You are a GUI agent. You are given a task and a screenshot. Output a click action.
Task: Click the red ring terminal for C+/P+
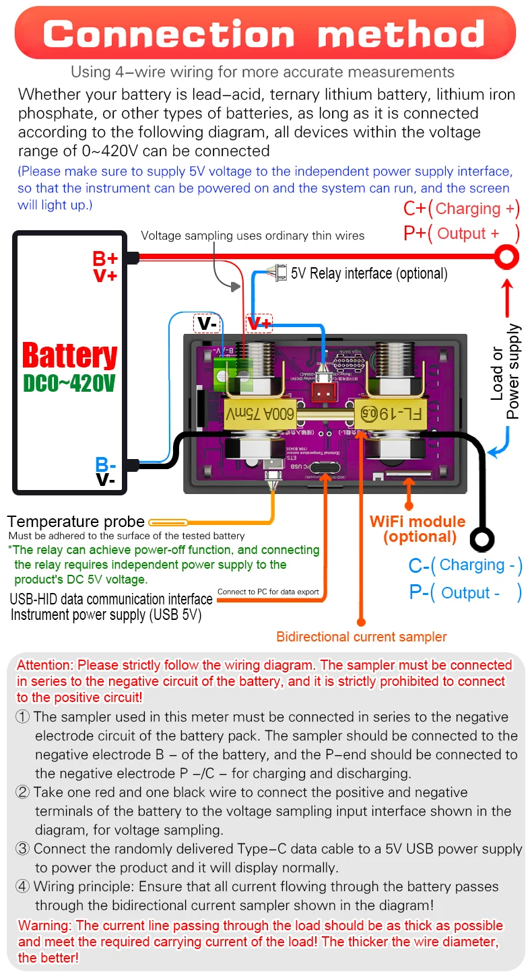pos(506,256)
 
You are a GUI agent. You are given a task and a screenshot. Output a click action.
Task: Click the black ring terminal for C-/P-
pos(482,538)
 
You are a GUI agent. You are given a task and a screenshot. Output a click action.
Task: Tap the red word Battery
pos(69,356)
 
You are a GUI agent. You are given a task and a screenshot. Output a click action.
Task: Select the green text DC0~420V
pos(69,384)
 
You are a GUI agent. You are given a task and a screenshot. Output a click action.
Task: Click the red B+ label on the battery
pos(105,258)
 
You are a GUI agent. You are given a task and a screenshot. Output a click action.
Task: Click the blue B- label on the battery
pos(106,464)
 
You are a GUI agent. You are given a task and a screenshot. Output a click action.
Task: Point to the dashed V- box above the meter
pos(207,324)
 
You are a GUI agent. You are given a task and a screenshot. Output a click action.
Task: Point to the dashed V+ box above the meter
pos(259,324)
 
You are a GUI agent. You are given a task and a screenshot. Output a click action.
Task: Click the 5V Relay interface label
pos(369,273)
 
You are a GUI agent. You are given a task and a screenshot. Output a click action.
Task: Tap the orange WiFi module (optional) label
pos(418,529)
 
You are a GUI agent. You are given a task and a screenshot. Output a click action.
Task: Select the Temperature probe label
pos(75,522)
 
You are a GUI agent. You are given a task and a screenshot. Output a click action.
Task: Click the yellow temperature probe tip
pos(168,522)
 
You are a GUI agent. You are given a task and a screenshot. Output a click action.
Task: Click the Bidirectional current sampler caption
pos(362,637)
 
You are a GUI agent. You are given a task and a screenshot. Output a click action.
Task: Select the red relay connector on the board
pos(327,389)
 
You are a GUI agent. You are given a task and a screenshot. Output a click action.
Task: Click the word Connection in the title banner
pos(169,33)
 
